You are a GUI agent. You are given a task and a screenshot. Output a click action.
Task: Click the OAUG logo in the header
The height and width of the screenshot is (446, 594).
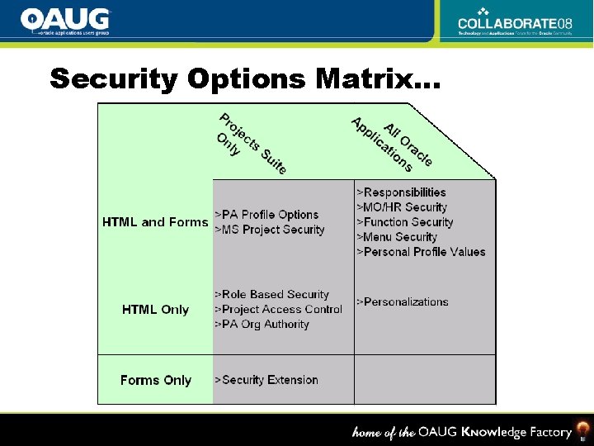65,21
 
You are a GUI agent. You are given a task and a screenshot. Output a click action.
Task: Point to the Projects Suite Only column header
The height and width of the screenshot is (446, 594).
251,143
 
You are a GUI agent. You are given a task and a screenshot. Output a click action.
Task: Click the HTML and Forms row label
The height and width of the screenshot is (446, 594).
155,222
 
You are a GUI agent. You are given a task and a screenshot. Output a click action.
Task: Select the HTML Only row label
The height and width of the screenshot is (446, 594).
155,310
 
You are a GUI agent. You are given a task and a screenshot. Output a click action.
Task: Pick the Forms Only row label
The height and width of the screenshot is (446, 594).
155,380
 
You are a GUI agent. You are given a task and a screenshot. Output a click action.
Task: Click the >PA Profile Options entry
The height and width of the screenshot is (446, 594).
266,215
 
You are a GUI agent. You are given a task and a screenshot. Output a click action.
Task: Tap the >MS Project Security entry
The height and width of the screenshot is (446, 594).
270,230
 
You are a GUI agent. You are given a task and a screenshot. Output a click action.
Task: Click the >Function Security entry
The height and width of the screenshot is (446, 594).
405,222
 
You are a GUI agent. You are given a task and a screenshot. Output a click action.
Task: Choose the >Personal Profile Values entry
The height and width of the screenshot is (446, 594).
421,252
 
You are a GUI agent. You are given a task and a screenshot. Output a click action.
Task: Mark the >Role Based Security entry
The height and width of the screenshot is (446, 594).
271,294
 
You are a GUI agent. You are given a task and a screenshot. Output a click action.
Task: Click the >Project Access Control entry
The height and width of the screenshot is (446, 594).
278,309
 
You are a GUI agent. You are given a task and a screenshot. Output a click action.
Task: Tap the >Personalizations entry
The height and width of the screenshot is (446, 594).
403,302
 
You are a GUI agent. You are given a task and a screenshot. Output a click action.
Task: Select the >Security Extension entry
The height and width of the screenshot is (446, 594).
266,380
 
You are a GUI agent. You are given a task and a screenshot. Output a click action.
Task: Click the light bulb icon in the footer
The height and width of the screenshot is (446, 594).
582,430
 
